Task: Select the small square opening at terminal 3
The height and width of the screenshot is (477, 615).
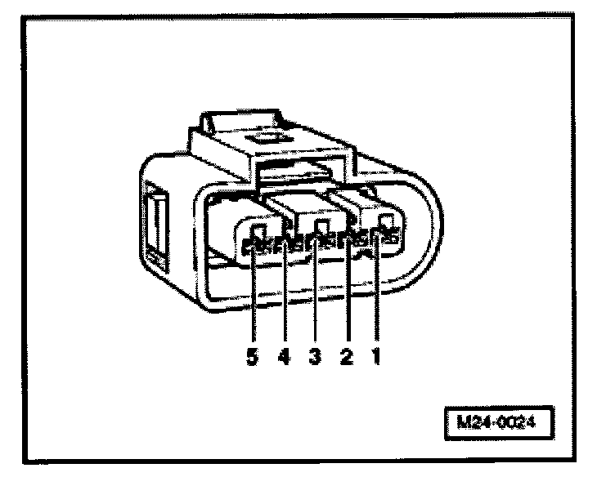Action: pyautogui.click(x=321, y=225)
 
